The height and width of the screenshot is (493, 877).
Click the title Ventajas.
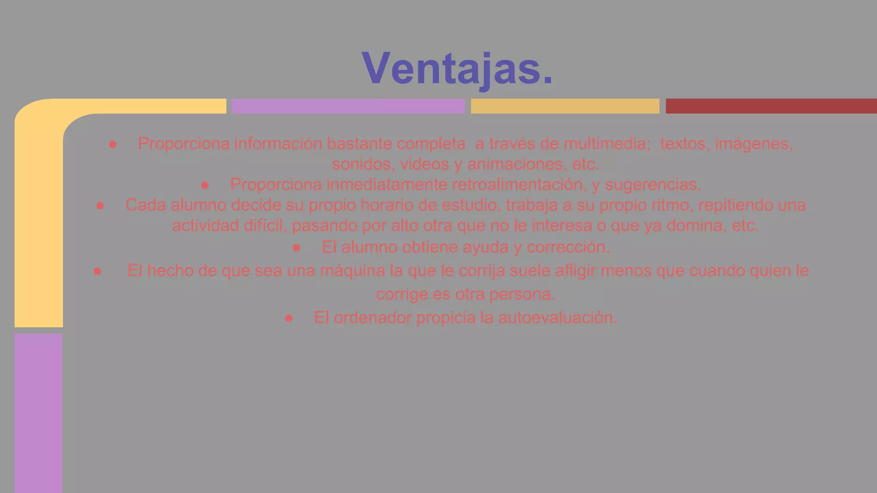click(457, 68)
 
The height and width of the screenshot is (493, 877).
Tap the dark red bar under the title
click(771, 106)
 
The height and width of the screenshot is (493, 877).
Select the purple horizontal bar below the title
click(348, 106)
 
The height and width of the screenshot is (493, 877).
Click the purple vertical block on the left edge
click(39, 413)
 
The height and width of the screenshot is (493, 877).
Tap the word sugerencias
click(653, 185)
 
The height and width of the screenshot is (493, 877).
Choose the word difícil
click(265, 226)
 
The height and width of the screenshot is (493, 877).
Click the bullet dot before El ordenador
click(289, 318)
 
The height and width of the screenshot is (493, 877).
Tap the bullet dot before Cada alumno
click(100, 206)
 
